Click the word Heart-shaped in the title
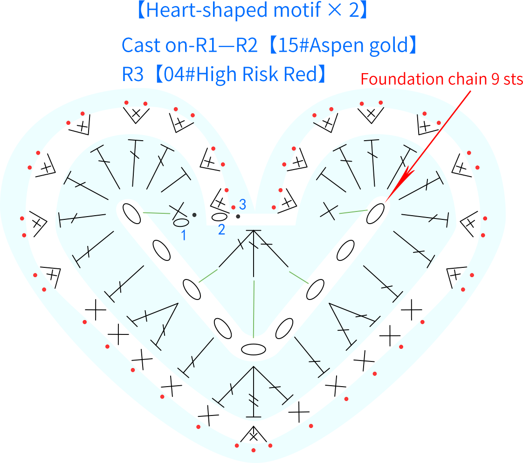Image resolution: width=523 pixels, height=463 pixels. coord(207,10)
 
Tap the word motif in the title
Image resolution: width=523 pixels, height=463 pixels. coord(297,9)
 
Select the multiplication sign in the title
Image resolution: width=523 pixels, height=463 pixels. coord(335,10)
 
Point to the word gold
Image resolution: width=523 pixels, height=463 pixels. coord(389,46)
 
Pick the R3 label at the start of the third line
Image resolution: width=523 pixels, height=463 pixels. coord(132,74)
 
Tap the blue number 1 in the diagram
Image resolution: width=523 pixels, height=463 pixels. coord(184,235)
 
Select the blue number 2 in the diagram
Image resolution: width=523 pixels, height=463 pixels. coord(221,230)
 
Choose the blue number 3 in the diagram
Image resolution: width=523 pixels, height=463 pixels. coord(242,204)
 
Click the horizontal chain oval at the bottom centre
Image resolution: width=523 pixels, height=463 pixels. coord(254,350)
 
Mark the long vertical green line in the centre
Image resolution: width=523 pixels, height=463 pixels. coord(254,309)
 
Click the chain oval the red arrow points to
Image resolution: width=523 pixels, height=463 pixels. coord(376,214)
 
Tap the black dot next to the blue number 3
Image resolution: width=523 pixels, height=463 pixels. coord(238,216)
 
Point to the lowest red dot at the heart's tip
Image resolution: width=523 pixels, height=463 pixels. coord(254,450)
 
